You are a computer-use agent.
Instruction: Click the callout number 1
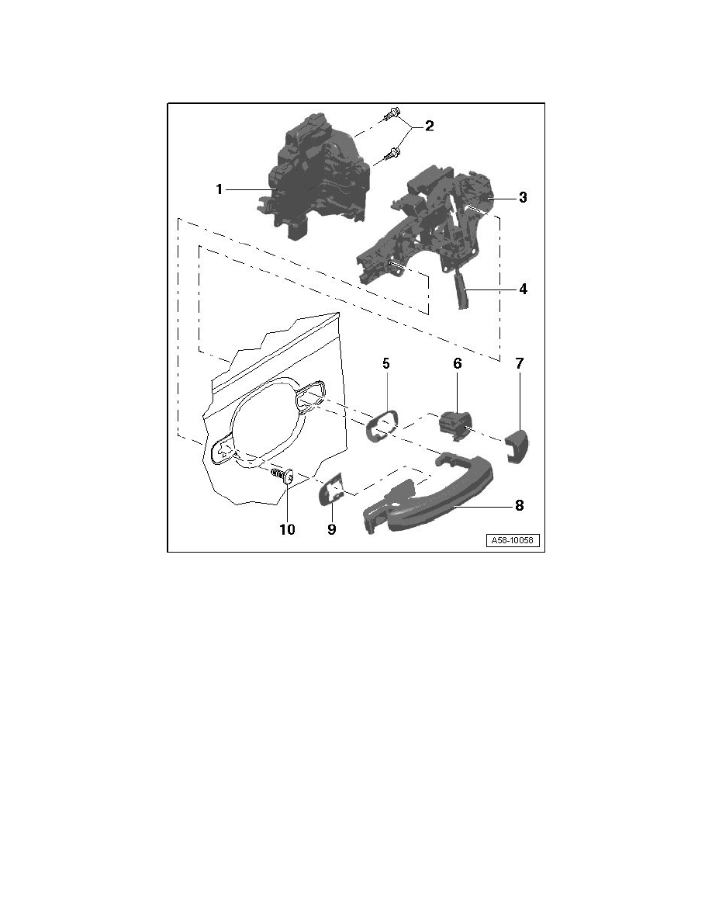coord(219,189)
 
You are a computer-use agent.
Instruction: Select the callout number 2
coord(430,126)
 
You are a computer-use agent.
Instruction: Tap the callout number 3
coord(523,198)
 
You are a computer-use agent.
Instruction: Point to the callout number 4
coord(523,289)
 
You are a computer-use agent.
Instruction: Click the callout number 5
coord(386,363)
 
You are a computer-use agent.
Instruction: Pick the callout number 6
coord(457,363)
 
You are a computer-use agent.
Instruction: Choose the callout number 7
coord(520,363)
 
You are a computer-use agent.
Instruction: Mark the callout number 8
coord(520,505)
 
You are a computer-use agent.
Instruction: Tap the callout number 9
coord(332,529)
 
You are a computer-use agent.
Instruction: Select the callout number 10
coord(287,529)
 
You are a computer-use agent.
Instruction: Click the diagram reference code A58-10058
coord(512,540)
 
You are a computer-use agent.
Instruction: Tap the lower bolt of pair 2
coord(391,154)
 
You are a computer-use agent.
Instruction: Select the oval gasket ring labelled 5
coord(382,425)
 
